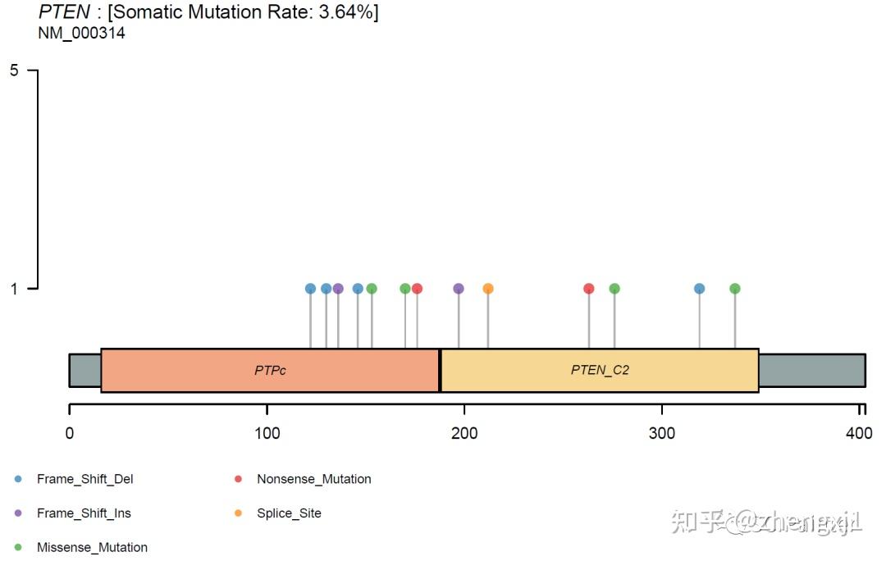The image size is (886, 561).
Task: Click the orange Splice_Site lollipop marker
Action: click(x=488, y=289)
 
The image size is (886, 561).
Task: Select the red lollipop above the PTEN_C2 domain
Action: click(x=588, y=289)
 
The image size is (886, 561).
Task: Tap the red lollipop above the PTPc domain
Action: click(x=417, y=289)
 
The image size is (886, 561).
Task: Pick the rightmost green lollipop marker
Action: click(x=735, y=289)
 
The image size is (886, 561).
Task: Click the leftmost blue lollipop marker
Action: click(x=310, y=289)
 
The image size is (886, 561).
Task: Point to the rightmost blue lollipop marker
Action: click(x=699, y=289)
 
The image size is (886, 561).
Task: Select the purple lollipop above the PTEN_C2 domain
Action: click(x=459, y=289)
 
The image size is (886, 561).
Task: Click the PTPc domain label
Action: click(x=270, y=370)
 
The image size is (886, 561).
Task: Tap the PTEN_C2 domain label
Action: click(x=600, y=370)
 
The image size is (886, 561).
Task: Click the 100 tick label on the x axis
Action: click(x=267, y=434)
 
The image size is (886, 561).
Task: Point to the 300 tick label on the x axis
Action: click(x=662, y=434)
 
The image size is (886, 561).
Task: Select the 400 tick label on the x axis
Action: click(x=860, y=434)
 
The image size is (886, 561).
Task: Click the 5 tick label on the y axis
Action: click(x=14, y=71)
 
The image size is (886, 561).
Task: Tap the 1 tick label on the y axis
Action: click(x=14, y=289)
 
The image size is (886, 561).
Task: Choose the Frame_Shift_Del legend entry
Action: click(x=84, y=479)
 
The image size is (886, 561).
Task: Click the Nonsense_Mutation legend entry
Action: click(x=313, y=479)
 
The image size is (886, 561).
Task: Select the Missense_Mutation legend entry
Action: click(x=92, y=547)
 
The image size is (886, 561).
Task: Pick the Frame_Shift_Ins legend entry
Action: click(x=84, y=513)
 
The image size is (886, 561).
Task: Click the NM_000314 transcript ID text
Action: click(x=81, y=34)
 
